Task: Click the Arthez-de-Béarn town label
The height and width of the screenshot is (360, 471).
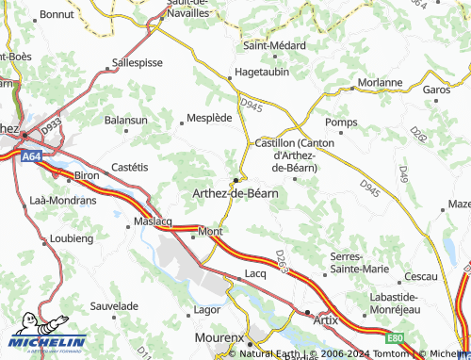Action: point(234,193)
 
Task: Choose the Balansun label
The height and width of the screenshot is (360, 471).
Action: point(125,121)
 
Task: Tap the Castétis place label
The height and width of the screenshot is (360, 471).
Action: point(131,166)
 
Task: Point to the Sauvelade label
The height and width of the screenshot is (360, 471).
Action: point(115,306)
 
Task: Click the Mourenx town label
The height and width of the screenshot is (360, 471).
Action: point(219,336)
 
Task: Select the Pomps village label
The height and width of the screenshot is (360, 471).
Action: point(341,123)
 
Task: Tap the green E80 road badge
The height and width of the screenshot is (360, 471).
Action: point(398,336)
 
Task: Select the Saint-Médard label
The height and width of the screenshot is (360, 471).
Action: point(274,44)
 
